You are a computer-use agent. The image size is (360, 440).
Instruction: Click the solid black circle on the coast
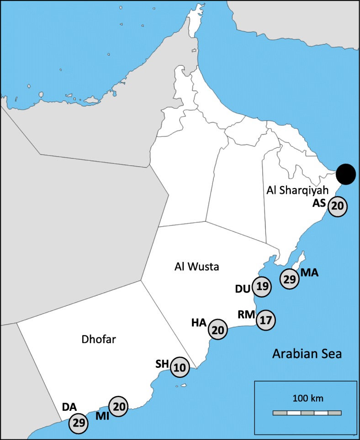click(345, 174)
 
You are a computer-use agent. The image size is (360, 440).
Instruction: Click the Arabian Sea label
click(307, 354)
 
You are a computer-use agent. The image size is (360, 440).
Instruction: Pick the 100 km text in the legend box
click(307, 398)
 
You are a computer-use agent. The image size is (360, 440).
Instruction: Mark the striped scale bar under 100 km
click(307, 413)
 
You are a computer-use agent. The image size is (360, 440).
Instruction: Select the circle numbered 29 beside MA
click(289, 279)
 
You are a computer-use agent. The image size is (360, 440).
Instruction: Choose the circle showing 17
click(266, 320)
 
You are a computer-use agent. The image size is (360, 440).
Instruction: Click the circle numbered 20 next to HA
click(218, 330)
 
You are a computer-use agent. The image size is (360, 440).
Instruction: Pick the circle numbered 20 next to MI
click(118, 405)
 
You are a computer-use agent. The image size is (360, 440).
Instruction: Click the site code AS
click(319, 204)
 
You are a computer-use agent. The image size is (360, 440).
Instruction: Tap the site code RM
click(246, 314)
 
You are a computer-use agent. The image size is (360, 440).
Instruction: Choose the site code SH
click(162, 364)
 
